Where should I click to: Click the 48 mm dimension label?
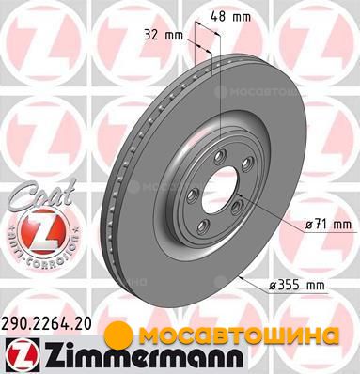point(230,16)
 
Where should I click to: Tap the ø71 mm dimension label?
point(328,225)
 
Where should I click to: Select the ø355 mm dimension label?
point(296,286)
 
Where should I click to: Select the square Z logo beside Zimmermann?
point(20,355)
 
